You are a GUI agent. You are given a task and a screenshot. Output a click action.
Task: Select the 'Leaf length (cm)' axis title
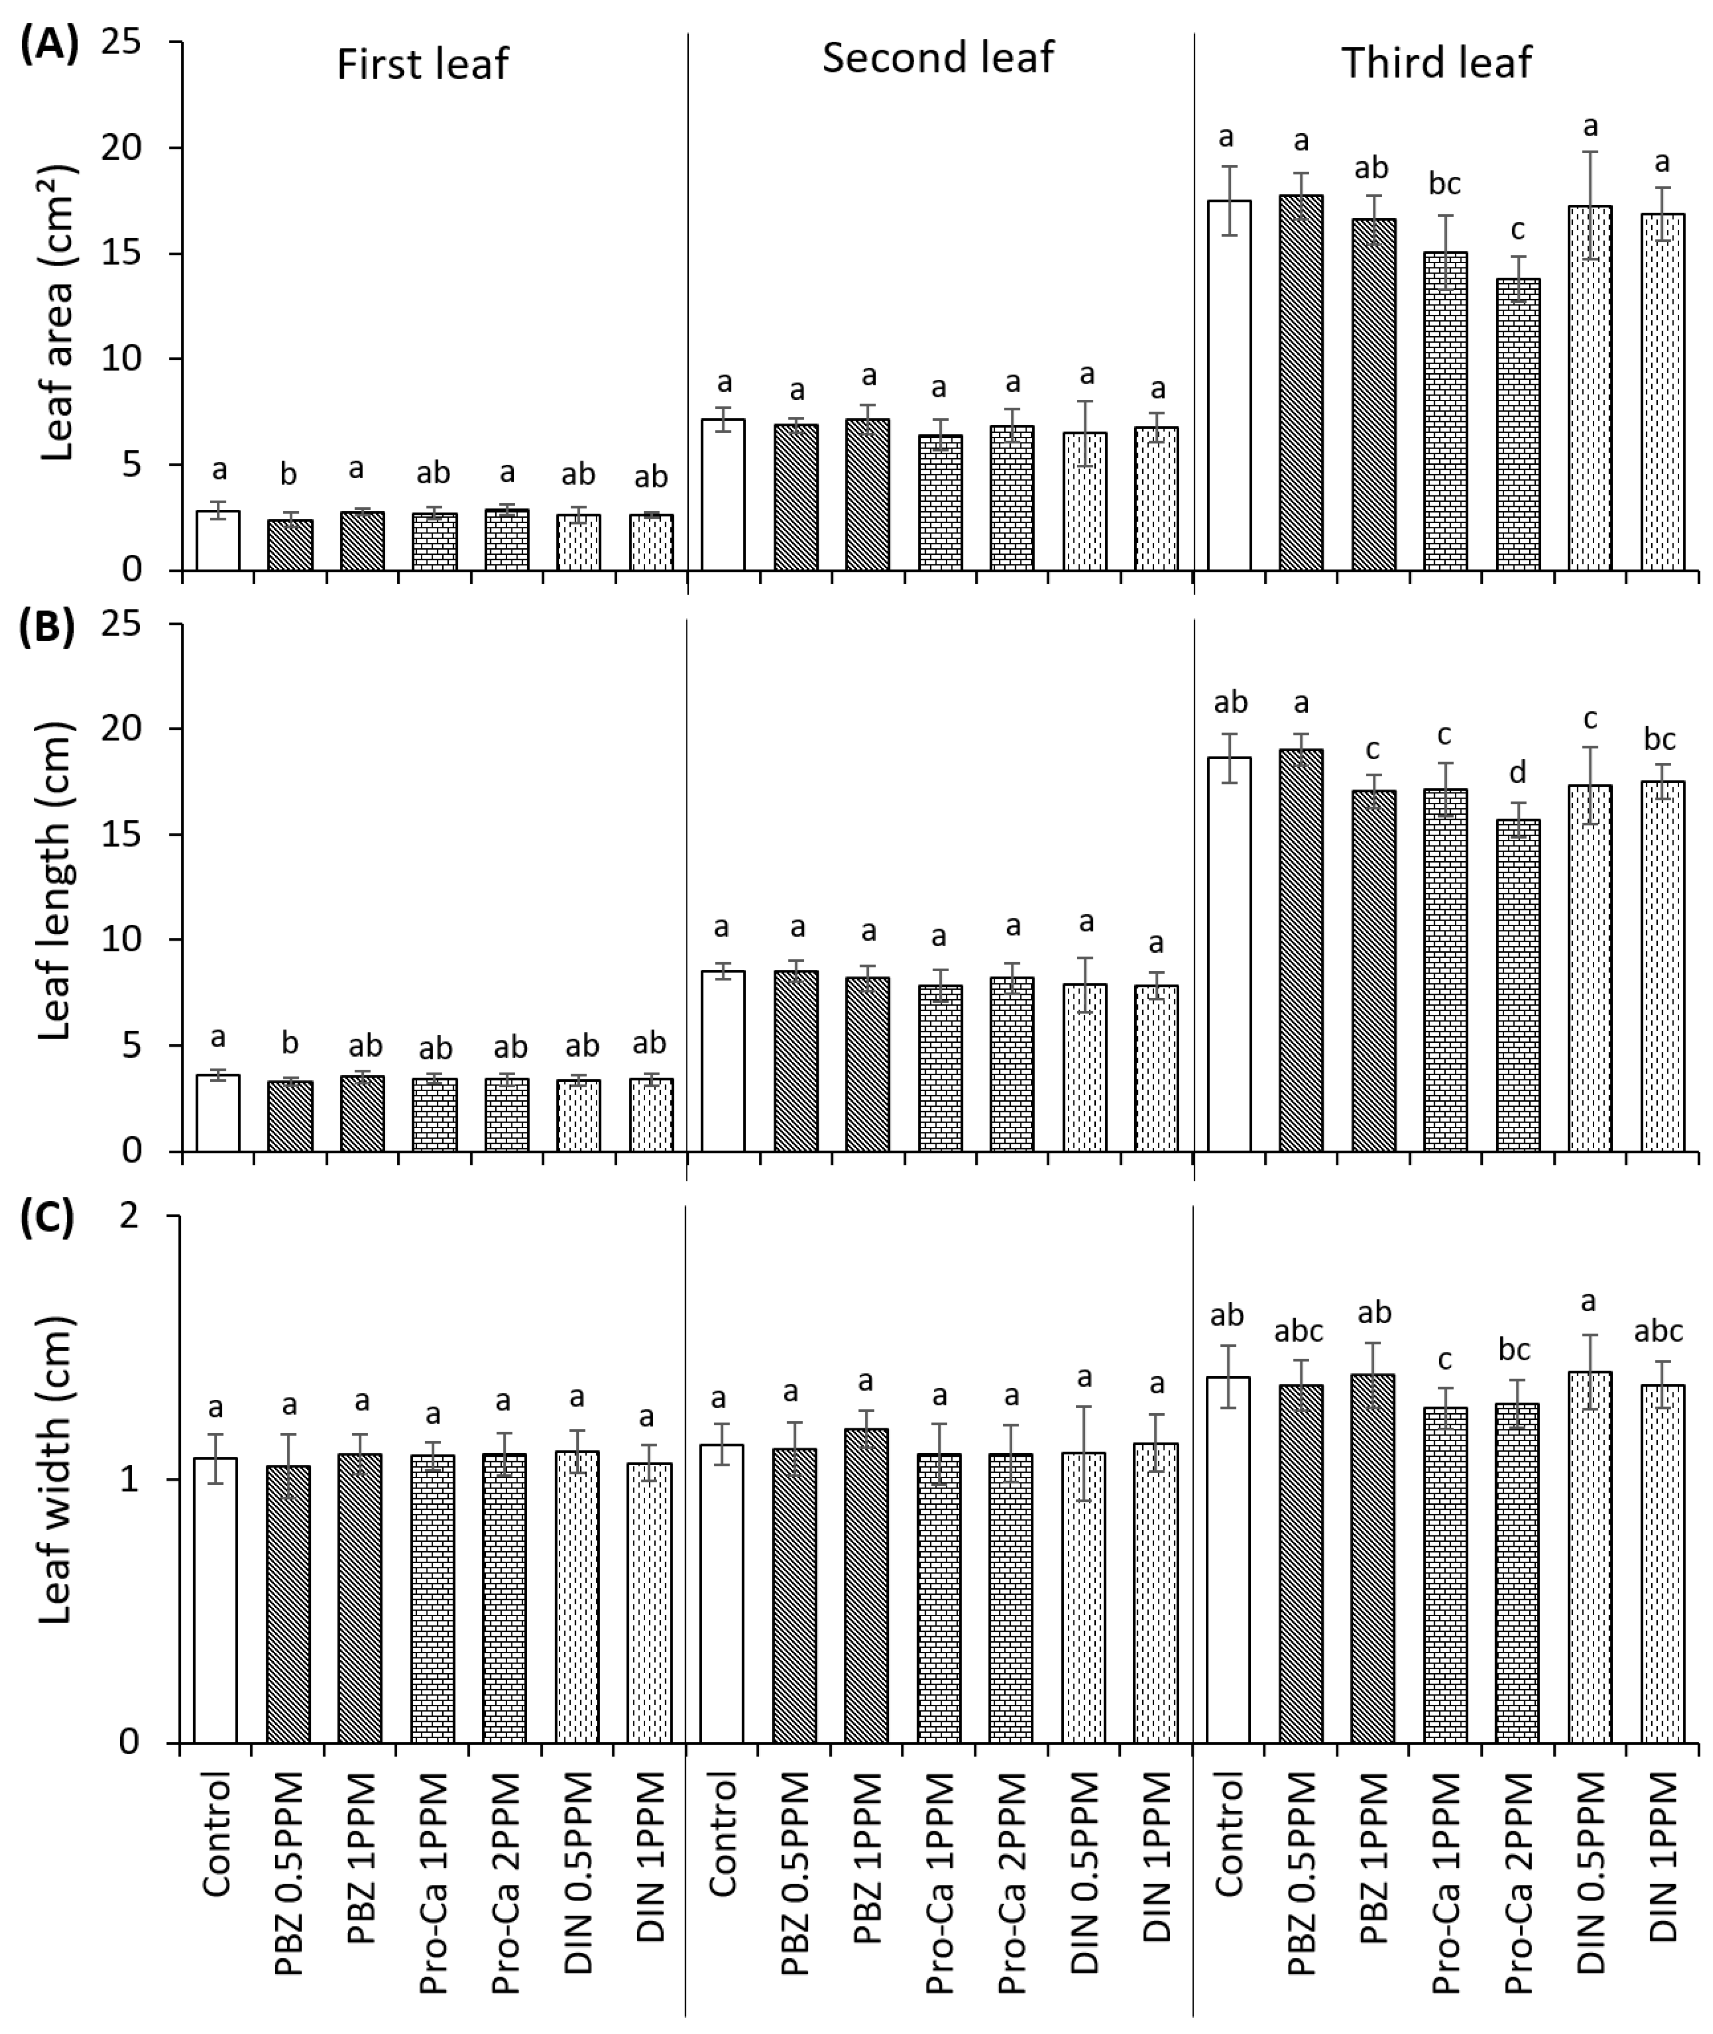click(x=58, y=882)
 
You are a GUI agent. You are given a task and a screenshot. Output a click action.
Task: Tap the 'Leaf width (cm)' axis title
click(x=58, y=1469)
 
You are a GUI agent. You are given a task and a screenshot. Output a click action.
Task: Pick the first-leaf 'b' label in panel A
click(x=288, y=475)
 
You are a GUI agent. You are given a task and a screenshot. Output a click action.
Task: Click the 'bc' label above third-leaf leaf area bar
click(x=1445, y=183)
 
